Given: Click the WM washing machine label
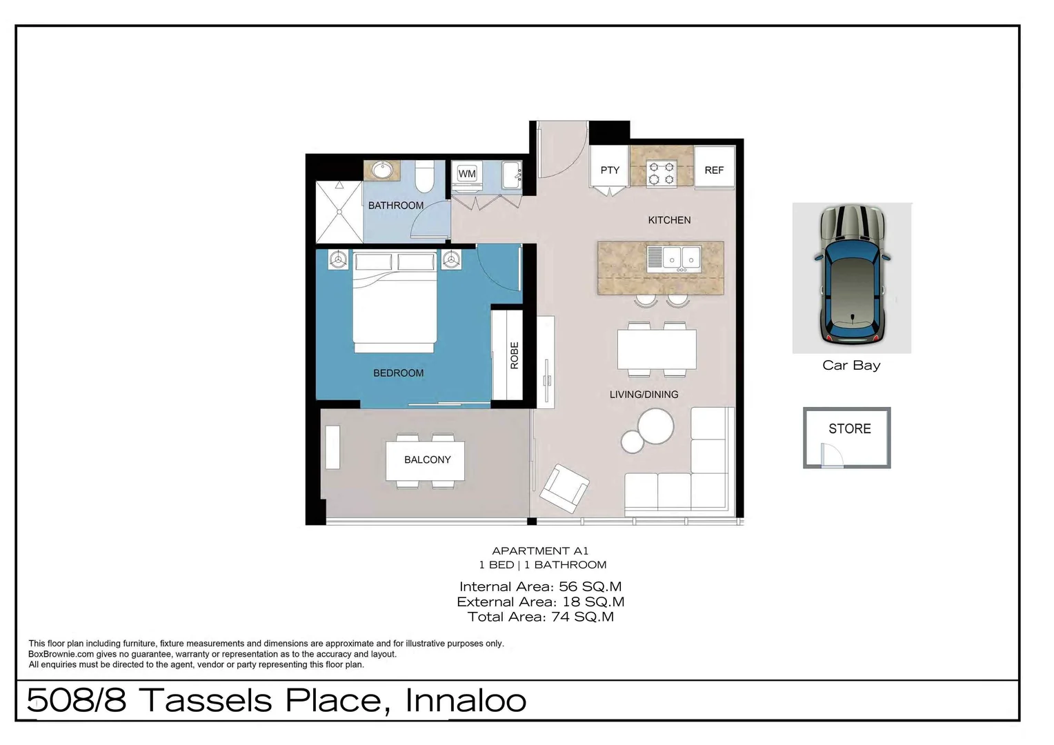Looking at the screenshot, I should pos(467,174).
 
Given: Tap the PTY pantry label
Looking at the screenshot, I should pos(610,170).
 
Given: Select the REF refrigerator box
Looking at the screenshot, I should pos(714,170).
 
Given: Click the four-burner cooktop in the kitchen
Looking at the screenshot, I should pos(661,172).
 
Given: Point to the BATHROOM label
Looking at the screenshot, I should pos(396,206).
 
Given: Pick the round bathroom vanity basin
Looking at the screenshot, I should pos(381,170).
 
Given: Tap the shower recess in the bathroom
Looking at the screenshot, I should pos(339,212).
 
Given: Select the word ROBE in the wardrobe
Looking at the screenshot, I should pos(514,355).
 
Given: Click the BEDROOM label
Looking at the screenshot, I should pos(399,373).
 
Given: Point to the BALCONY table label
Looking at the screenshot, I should pos(427,460).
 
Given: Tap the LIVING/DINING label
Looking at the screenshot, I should pos(644,395).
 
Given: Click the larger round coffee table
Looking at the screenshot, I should pos(655,426).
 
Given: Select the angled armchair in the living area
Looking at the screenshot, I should pos(564,488).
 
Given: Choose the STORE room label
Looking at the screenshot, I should pos(849,429).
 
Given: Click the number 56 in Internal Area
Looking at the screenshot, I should pos(568,587).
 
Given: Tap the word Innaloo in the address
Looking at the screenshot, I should pos(466,701).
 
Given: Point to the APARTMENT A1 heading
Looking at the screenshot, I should pos(540,551).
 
